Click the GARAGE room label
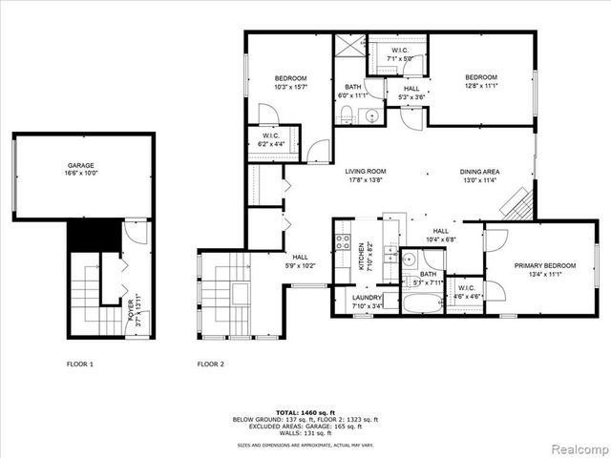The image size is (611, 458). tap(80, 165)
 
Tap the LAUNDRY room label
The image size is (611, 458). tap(368, 297)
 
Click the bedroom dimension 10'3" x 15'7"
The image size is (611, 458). tap(291, 87)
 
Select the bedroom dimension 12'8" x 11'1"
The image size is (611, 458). tap(481, 87)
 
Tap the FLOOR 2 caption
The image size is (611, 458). tap(210, 364)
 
